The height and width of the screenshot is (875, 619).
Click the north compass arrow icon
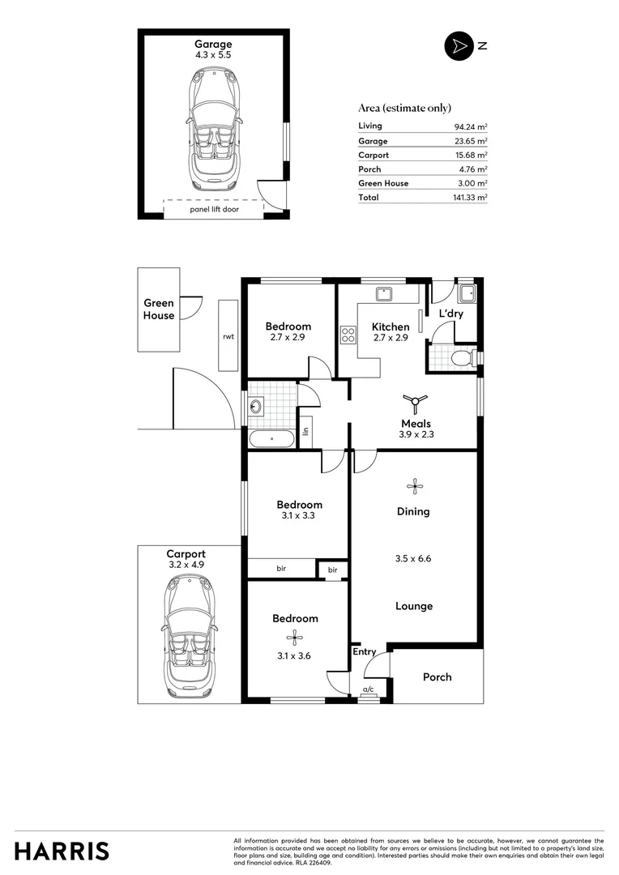click(x=458, y=46)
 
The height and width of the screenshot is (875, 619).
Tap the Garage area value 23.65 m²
click(x=470, y=141)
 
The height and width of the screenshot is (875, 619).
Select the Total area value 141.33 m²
click(x=470, y=197)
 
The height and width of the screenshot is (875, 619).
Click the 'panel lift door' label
click(x=214, y=209)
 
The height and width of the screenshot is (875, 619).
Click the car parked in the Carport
click(x=189, y=638)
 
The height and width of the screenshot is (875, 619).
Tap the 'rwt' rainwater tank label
click(x=228, y=337)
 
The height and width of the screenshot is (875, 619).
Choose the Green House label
click(x=159, y=309)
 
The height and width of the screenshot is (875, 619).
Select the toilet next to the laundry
click(x=460, y=356)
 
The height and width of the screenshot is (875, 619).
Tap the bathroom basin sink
click(x=257, y=406)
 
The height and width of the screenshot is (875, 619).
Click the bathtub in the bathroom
click(x=271, y=439)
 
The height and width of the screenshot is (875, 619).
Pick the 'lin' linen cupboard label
click(x=306, y=432)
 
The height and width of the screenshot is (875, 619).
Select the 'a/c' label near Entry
click(x=369, y=689)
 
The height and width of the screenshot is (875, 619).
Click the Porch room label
click(x=438, y=677)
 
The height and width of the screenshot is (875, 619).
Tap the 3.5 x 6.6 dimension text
click(x=414, y=558)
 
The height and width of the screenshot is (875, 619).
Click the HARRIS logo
click(x=62, y=851)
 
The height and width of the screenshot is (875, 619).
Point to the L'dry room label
click(x=450, y=313)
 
